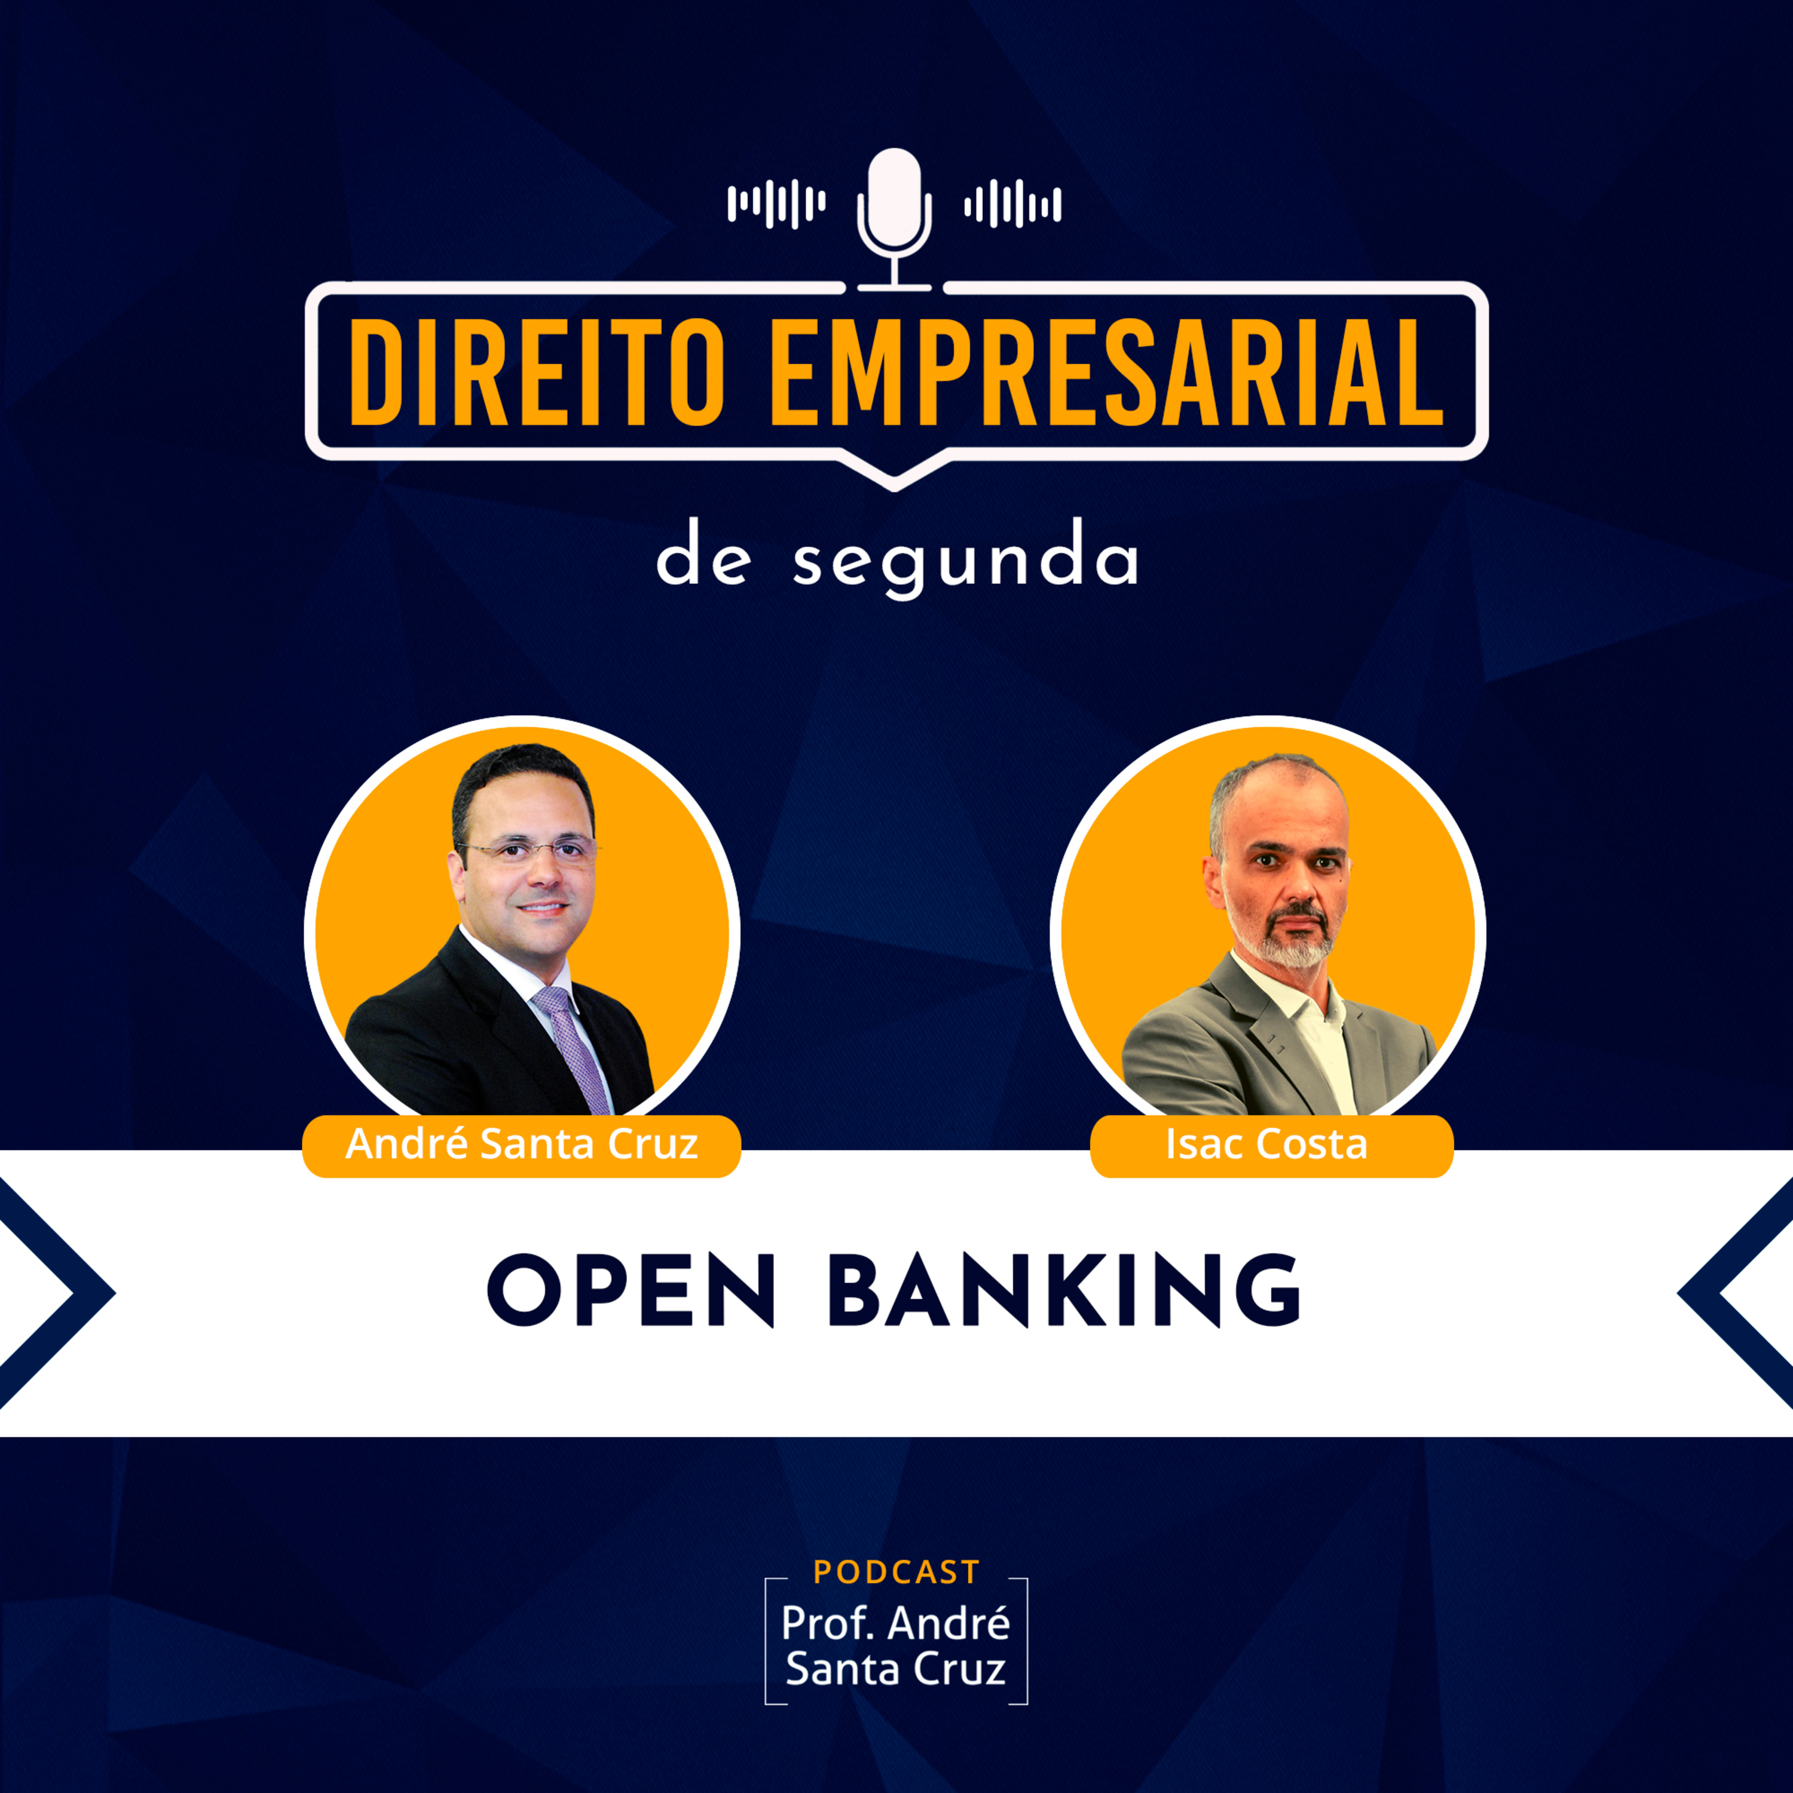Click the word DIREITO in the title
click(x=537, y=371)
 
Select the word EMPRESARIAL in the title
click(x=1107, y=371)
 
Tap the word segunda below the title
click(x=965, y=561)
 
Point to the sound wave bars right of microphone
click(x=1012, y=203)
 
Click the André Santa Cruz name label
click(x=522, y=1145)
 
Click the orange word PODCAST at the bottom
click(x=896, y=1572)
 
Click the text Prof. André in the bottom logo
click(x=895, y=1624)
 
